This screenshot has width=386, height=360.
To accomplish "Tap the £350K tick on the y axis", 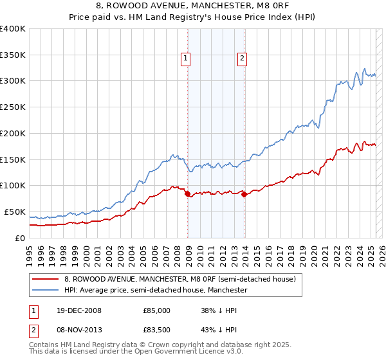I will (13, 55).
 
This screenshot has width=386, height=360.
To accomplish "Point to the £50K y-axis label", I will (15, 212).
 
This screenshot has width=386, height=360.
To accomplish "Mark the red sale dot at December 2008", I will (187, 194).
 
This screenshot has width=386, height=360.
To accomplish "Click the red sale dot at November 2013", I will (244, 194).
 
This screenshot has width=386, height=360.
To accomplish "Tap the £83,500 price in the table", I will (156, 329).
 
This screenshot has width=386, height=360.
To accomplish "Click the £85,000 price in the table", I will (156, 310).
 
